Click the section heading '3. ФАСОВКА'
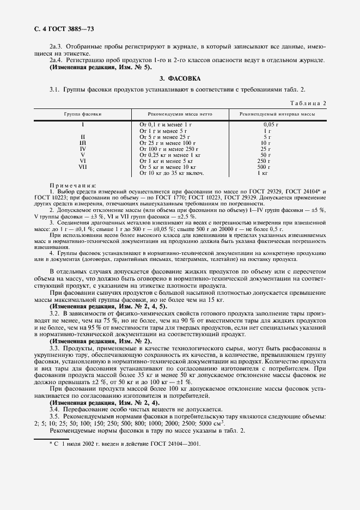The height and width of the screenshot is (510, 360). pyautogui.click(x=180, y=78)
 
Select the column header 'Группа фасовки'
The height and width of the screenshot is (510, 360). pyautogui.click(x=82, y=113)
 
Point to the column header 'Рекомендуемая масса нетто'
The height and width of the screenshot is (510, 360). pyautogui.click(x=180, y=113)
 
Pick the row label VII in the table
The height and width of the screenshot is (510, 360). pyautogui.click(x=83, y=167)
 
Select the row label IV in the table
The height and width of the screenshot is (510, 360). pyautogui.click(x=83, y=149)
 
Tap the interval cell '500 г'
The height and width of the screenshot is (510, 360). pyautogui.click(x=265, y=167)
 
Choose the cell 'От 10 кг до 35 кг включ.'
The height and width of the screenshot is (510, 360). pyautogui.click(x=172, y=173)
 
